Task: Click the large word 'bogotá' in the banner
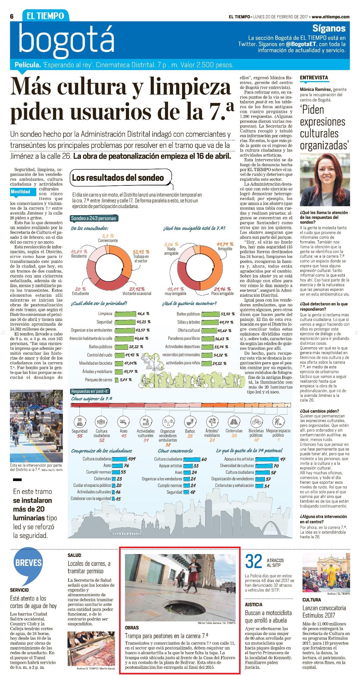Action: point(66,40)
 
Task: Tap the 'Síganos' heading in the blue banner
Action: point(329,28)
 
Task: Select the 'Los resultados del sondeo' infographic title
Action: point(118,178)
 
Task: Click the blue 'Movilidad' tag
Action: point(21,192)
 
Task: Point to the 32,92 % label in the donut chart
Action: point(141,252)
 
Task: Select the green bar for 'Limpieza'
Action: point(125,314)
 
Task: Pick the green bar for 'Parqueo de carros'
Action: point(116,380)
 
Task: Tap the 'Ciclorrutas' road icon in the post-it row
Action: point(234,422)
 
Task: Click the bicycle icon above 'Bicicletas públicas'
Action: point(256,422)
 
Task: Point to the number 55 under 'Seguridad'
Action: point(80,436)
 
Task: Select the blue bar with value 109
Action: point(119,459)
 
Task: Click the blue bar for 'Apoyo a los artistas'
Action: point(267,459)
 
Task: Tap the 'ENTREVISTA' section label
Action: point(314,78)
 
